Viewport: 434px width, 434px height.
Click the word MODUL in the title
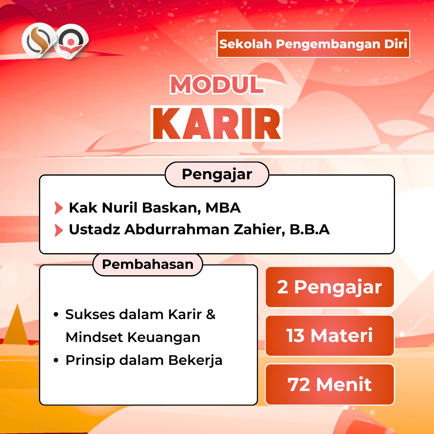point(217,85)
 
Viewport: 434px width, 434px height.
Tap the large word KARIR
point(217,123)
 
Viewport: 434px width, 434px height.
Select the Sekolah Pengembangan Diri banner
point(313,44)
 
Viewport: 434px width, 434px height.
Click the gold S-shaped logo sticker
point(39,41)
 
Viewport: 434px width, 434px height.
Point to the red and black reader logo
point(71,41)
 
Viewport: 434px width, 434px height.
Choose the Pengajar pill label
point(217,174)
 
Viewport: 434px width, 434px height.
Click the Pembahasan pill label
point(148,264)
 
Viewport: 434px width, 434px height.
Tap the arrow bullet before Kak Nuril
point(59,208)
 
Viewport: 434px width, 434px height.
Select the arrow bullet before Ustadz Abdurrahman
point(59,230)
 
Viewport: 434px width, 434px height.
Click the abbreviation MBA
point(223,208)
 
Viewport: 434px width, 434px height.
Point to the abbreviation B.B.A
point(310,229)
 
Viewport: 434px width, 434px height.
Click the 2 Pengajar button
point(330,287)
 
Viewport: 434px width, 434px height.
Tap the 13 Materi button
point(330,336)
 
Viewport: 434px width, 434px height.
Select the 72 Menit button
point(330,385)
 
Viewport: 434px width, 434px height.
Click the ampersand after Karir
point(211,314)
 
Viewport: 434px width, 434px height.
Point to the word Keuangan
point(164,338)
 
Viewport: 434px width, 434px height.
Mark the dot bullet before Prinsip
point(56,360)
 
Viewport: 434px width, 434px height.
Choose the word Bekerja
point(195,360)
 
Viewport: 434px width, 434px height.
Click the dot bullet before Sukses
point(56,315)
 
